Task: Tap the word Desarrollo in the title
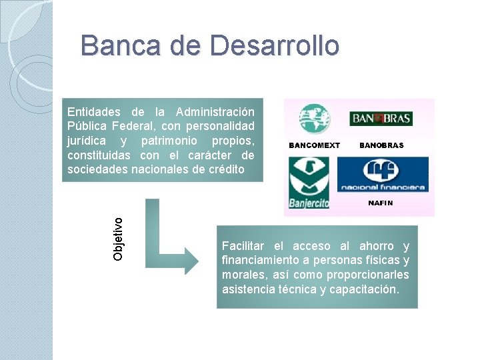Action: (x=274, y=46)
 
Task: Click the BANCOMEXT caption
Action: (x=314, y=145)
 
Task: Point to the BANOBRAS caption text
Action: (x=381, y=145)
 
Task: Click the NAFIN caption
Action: (x=381, y=203)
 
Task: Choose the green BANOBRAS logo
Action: (x=381, y=119)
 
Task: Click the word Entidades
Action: (x=94, y=112)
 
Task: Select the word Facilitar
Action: (x=244, y=246)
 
